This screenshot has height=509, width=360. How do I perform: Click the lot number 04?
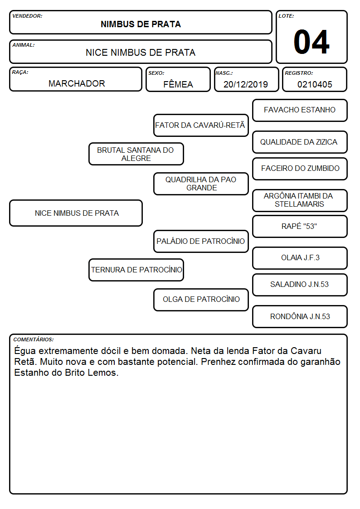point(311,42)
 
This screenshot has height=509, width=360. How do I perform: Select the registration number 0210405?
point(315,85)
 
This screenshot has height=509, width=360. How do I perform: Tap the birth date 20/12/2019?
point(246,84)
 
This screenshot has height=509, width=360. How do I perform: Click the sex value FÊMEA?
point(178,84)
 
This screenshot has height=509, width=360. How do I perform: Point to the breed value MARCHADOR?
point(77,83)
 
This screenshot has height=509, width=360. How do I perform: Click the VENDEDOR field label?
point(27,16)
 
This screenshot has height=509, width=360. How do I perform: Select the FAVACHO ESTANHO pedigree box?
point(300,111)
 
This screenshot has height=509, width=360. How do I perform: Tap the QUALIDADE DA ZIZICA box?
point(300,142)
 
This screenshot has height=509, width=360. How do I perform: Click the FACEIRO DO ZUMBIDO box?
point(300,169)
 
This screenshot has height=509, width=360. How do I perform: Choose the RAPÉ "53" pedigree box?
point(300,226)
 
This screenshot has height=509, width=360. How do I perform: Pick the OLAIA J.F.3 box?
point(300,258)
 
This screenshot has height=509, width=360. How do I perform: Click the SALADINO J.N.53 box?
point(300,285)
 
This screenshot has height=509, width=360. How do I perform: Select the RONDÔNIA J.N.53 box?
point(300,316)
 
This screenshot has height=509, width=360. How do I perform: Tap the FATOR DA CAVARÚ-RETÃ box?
point(201,125)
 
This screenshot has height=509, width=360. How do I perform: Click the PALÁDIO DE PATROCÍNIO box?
point(201,241)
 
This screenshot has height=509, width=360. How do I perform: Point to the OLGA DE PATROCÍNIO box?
point(201,300)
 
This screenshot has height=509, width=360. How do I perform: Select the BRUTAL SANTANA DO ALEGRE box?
point(136,154)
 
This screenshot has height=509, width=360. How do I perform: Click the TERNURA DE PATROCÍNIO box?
point(136,270)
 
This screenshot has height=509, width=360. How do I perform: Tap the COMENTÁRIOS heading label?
point(34,339)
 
